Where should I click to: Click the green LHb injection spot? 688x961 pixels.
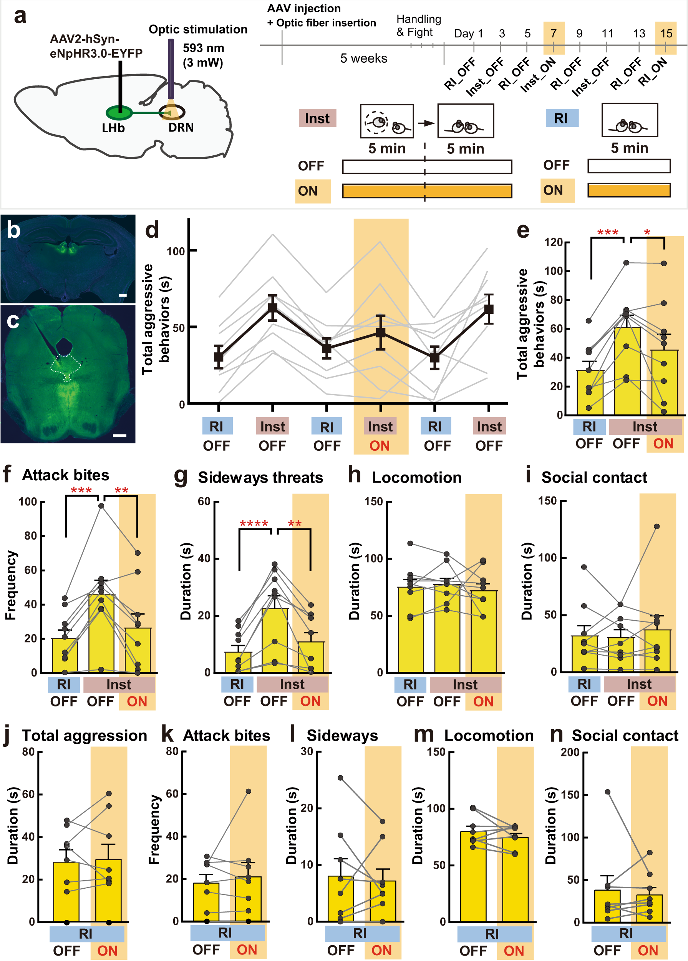tap(119, 113)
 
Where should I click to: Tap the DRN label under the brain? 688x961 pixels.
tap(181, 128)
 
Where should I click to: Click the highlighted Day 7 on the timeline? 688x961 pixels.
tap(554, 34)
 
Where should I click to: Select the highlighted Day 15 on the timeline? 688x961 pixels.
tap(666, 34)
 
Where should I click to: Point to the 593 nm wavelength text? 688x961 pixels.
tap(204, 48)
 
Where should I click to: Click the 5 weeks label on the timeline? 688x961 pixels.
tap(364, 58)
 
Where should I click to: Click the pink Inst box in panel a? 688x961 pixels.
tap(317, 118)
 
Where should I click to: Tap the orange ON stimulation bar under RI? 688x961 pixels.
tap(629, 190)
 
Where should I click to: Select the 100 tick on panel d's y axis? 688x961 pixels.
tap(176, 251)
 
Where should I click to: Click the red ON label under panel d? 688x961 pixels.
tap(380, 446)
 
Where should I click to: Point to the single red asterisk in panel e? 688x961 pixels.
tap(647, 232)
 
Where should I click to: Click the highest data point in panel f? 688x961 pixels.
tap(101, 506)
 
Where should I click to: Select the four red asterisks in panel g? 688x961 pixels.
tap(254, 524)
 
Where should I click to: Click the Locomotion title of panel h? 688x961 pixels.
tap(417, 478)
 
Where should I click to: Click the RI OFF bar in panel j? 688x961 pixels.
tap(66, 891)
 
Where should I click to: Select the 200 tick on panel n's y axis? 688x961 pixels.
tap(569, 752)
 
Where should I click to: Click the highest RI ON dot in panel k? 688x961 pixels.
tap(249, 791)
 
